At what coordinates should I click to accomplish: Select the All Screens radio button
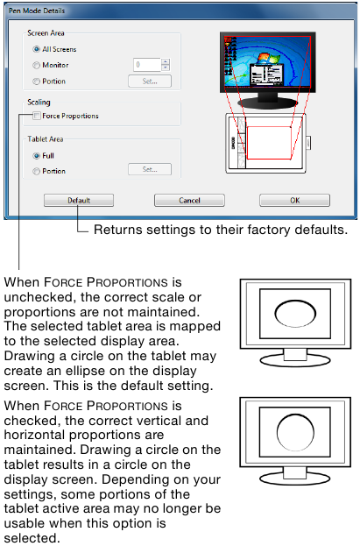click(x=36, y=49)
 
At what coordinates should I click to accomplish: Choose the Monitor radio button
click(x=36, y=65)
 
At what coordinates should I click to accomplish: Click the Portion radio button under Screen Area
click(x=36, y=82)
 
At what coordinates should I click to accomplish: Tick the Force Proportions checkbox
click(x=37, y=116)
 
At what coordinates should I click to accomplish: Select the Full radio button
click(x=36, y=156)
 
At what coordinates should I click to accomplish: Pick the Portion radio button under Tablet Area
click(x=36, y=171)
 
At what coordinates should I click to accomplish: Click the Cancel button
click(x=189, y=200)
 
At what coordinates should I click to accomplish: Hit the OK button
click(x=294, y=200)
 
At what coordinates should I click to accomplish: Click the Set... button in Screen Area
click(x=150, y=82)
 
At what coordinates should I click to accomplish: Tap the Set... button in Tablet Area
click(x=150, y=169)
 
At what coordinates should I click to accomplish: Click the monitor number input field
click(x=147, y=65)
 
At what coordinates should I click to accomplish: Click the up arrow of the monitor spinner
click(x=166, y=61)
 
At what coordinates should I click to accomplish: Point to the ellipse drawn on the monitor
click(x=295, y=314)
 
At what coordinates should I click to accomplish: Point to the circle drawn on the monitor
click(x=295, y=433)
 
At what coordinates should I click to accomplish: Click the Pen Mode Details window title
click(x=37, y=11)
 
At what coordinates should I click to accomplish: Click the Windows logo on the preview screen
click(x=268, y=59)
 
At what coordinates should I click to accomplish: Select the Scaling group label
click(x=39, y=103)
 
